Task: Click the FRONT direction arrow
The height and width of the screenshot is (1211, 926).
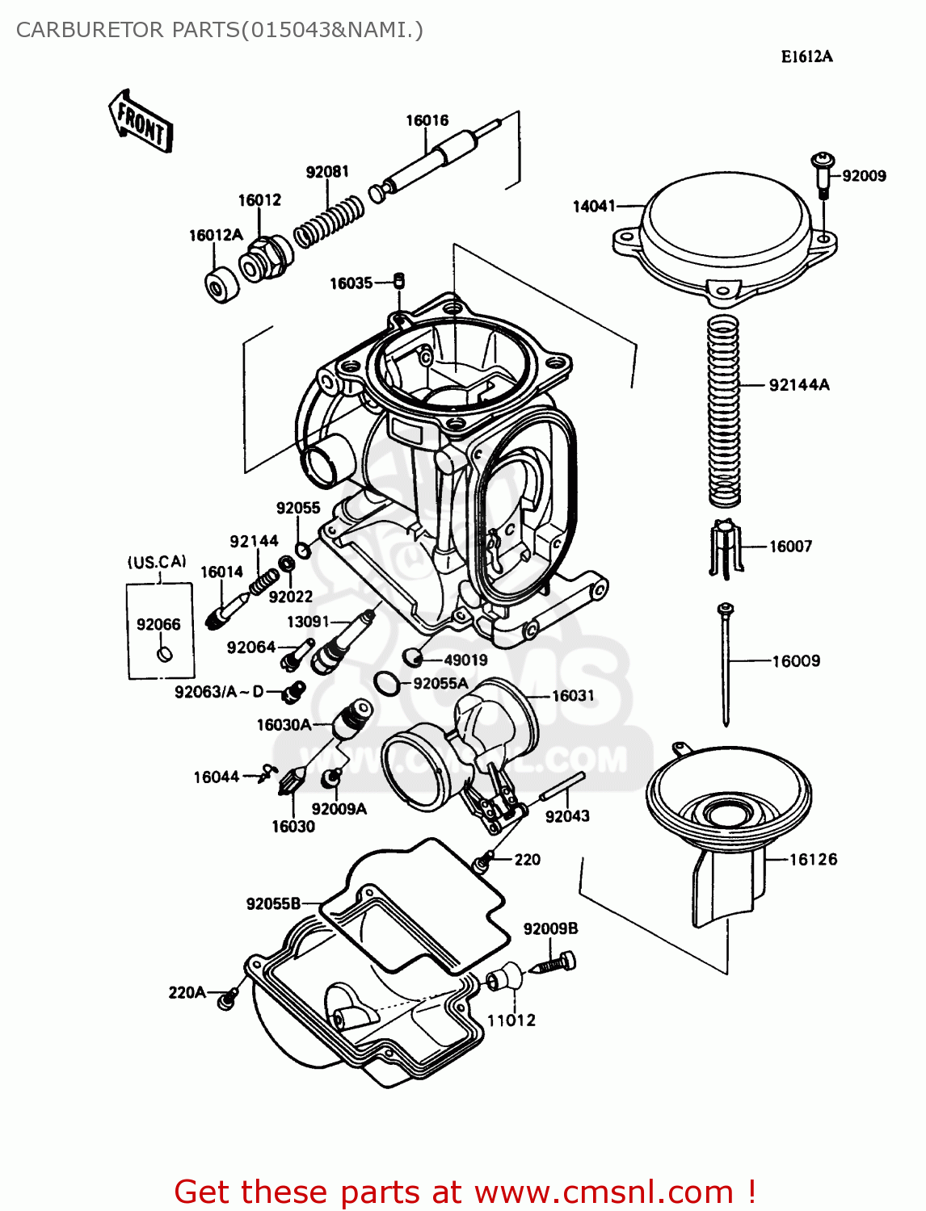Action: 140,122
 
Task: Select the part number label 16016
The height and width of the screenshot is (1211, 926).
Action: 427,120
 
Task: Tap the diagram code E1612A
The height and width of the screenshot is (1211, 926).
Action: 806,57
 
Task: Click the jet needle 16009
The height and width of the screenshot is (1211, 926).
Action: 726,662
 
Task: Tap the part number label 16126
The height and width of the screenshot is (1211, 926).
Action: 813,859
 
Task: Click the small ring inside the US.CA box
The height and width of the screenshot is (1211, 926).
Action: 164,653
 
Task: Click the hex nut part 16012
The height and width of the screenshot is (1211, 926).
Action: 264,258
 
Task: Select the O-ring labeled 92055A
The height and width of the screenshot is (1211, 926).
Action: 387,683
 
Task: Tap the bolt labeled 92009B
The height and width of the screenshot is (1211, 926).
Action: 556,964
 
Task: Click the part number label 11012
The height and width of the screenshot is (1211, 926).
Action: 511,1020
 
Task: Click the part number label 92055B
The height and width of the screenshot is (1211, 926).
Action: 273,903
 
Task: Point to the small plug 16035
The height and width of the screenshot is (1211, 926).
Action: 398,281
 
